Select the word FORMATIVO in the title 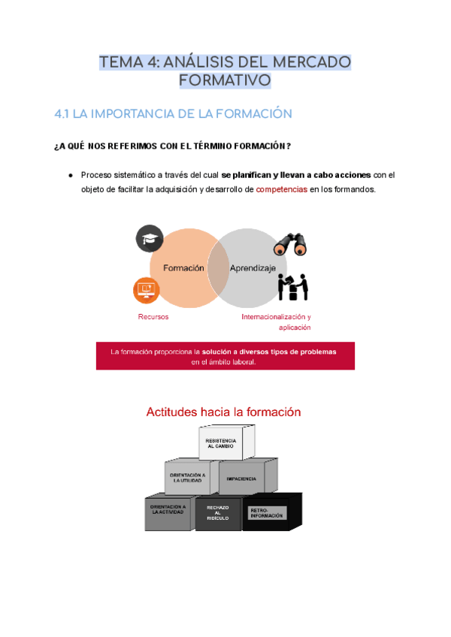(225, 80)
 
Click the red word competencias (282, 189)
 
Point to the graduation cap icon (149, 239)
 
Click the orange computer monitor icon (146, 289)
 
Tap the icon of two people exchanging (293, 285)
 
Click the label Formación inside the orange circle (177, 268)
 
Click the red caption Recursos (153, 316)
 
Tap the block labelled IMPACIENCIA (242, 478)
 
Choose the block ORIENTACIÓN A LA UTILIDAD (188, 478)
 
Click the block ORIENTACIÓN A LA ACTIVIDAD (168, 511)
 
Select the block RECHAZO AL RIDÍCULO (217, 512)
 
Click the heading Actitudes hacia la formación (223, 412)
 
